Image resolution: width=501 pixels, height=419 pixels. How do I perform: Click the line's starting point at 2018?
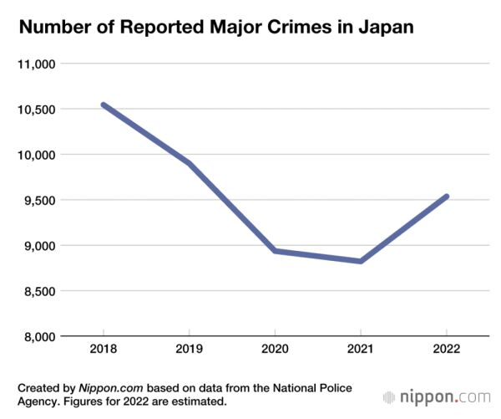pos(104,105)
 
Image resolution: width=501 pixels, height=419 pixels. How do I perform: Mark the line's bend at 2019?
pos(190,163)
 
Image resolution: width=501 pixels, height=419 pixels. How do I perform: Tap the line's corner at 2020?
pos(276,251)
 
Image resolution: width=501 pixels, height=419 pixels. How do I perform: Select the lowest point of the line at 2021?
pos(361,261)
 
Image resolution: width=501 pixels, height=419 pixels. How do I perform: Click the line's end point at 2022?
pos(447,197)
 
